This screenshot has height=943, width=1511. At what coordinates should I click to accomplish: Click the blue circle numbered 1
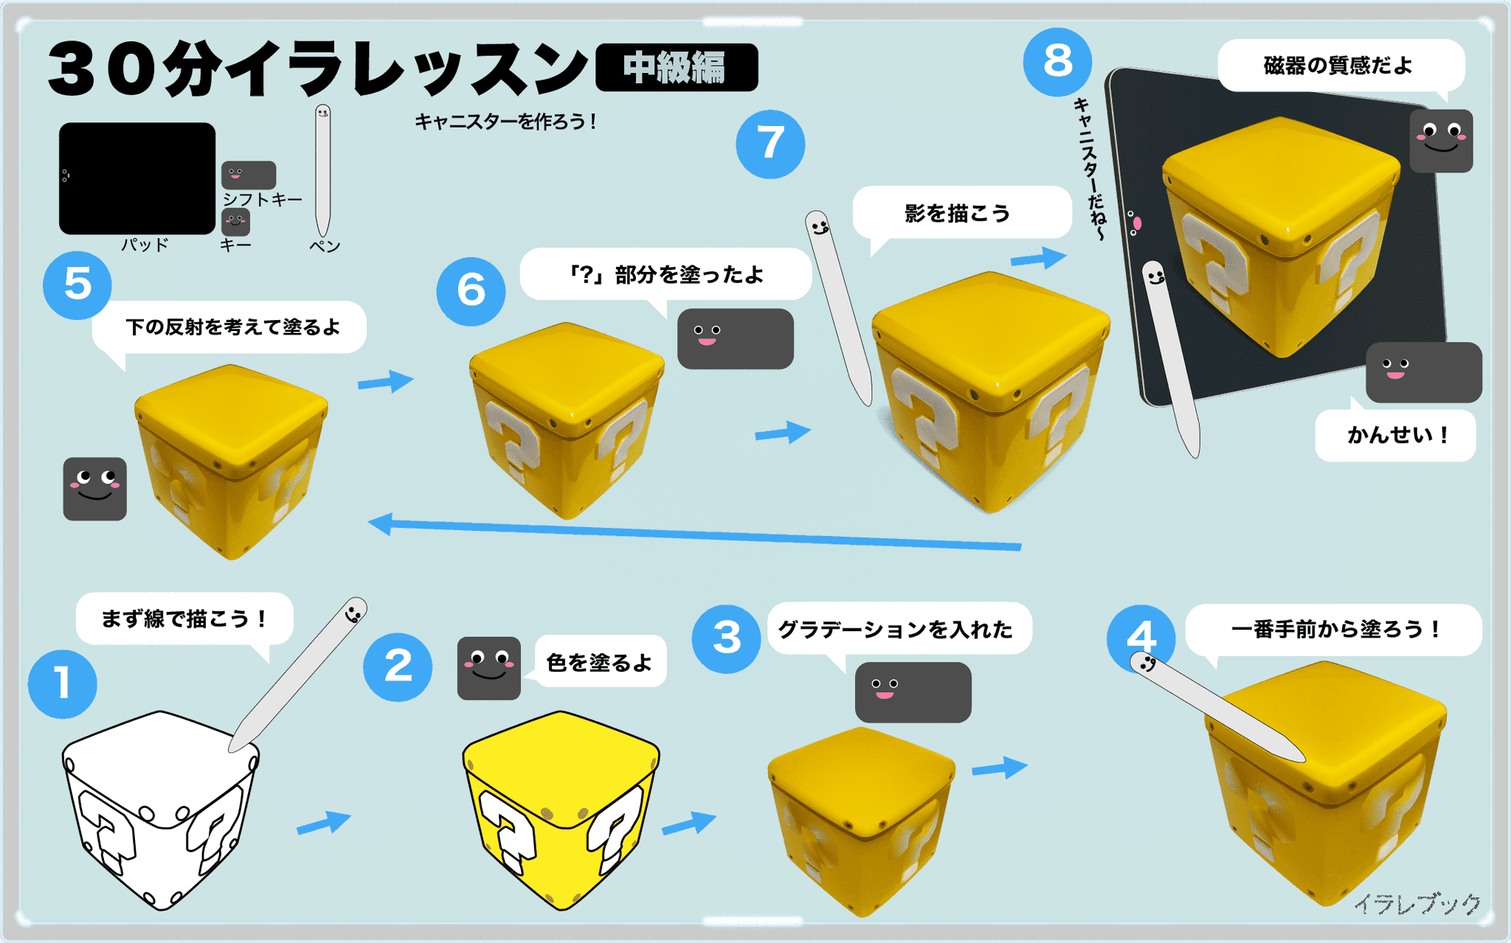pyautogui.click(x=62, y=683)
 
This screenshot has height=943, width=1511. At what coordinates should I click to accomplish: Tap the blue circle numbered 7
pyautogui.click(x=770, y=144)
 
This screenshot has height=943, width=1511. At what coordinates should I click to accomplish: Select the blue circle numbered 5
pyautogui.click(x=77, y=285)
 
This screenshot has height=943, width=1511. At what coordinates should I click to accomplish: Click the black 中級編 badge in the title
pyautogui.click(x=676, y=67)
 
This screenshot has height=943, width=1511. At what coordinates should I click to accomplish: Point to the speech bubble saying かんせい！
pyautogui.click(x=1395, y=435)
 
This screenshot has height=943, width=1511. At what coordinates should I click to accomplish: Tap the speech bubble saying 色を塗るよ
pyautogui.click(x=600, y=662)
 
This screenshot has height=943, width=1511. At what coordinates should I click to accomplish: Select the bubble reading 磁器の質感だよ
pyautogui.click(x=1338, y=66)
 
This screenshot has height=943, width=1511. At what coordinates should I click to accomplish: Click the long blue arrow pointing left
pyautogui.click(x=694, y=535)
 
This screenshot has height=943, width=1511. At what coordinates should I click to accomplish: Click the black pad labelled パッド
pyautogui.click(x=137, y=178)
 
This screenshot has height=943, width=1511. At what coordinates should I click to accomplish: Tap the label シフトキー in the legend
pyautogui.click(x=263, y=199)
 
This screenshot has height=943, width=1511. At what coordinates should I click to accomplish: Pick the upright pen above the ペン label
pyautogui.click(x=322, y=170)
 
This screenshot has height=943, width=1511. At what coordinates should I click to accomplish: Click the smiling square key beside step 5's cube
pyautogui.click(x=94, y=489)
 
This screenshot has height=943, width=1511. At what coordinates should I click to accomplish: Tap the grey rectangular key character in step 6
pyautogui.click(x=735, y=339)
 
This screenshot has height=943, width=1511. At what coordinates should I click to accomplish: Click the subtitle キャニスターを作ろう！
pyautogui.click(x=506, y=122)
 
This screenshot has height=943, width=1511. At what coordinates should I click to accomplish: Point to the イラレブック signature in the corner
pyautogui.click(x=1417, y=903)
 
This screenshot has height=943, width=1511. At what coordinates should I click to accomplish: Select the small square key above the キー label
pyautogui.click(x=235, y=221)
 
